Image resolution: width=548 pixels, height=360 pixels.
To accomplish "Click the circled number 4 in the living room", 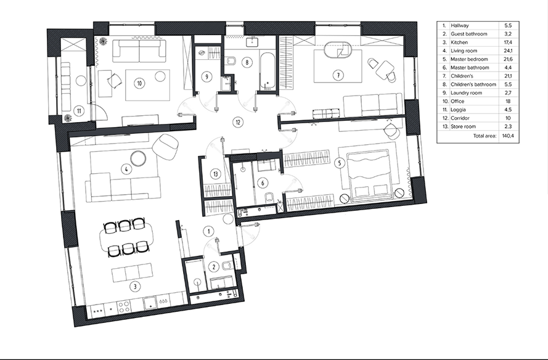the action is click(x=126, y=170).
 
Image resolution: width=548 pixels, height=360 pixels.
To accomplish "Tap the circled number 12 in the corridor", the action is click(x=238, y=122).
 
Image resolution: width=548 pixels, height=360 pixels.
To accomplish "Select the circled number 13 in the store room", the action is click(x=216, y=174).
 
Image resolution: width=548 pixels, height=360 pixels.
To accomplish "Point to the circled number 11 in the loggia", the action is click(x=79, y=111).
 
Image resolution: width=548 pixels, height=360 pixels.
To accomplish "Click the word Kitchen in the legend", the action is click(x=459, y=43).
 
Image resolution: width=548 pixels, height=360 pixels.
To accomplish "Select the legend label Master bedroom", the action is click(x=469, y=59).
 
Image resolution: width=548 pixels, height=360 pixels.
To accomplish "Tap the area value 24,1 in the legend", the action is click(x=508, y=51).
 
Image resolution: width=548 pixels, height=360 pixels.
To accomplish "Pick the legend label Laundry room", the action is click(x=466, y=93).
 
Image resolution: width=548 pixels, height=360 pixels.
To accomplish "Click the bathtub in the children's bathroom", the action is click(x=268, y=71).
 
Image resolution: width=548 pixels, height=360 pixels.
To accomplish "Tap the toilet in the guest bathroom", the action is click(x=226, y=267).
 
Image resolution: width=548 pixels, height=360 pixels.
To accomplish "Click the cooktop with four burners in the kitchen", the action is click(x=124, y=307).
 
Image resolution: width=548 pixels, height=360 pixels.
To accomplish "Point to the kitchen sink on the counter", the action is click(x=150, y=302).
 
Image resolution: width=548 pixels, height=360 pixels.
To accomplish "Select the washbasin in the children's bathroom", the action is click(x=252, y=42).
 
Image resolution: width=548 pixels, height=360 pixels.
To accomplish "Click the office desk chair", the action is click(x=114, y=81).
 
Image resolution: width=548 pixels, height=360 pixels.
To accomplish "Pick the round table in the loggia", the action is click(x=81, y=81).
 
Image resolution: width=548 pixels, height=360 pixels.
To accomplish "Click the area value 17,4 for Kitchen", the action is click(x=508, y=43).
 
